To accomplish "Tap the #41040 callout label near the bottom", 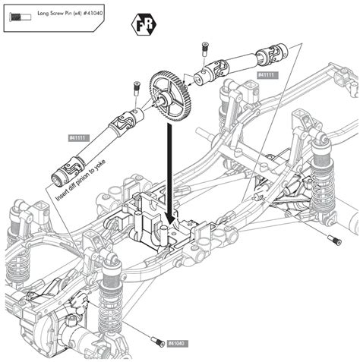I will [175, 343].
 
